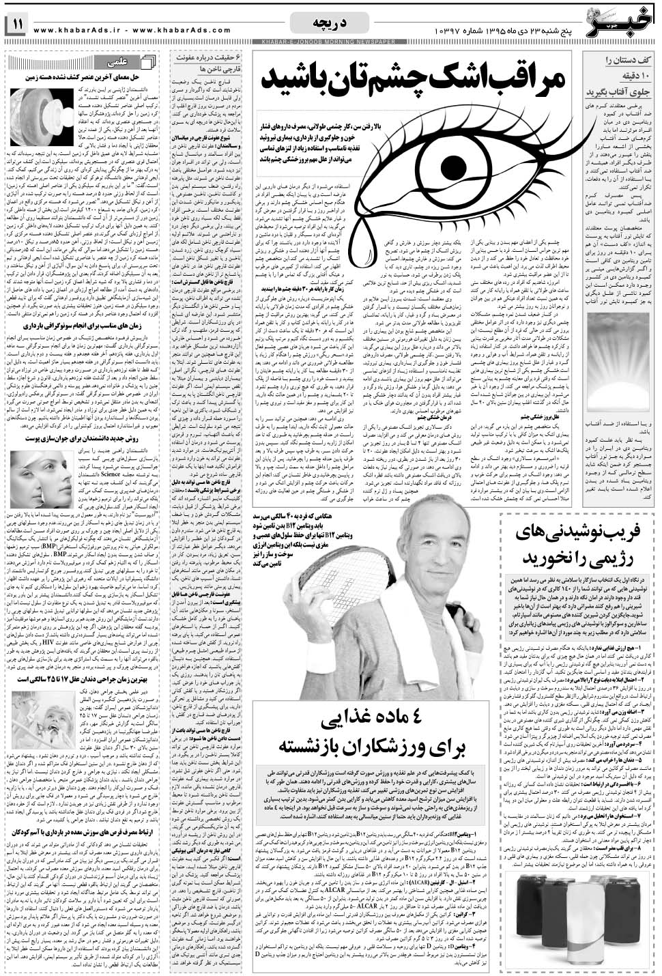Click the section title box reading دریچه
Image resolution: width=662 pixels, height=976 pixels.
click(330, 23)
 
